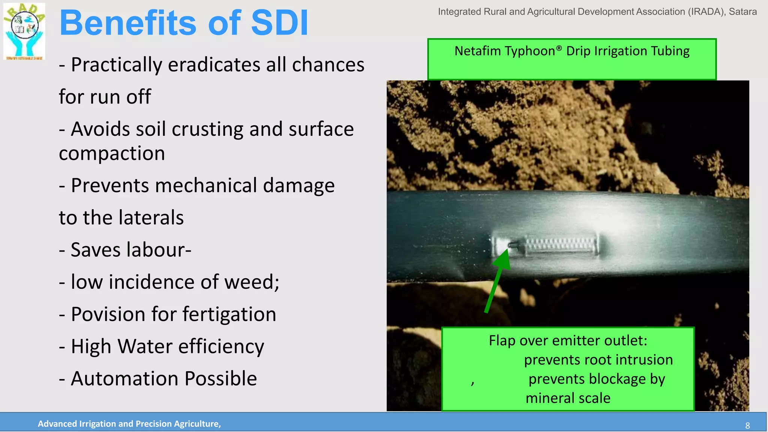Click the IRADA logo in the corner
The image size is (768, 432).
[x=24, y=31]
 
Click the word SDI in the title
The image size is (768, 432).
[x=279, y=23]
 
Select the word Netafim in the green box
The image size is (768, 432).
[x=477, y=51]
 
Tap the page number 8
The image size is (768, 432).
[x=747, y=426]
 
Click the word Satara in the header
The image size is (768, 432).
[x=742, y=12]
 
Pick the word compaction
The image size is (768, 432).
[x=112, y=153]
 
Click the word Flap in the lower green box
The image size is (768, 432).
[x=502, y=340]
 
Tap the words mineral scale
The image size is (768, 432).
[x=568, y=398]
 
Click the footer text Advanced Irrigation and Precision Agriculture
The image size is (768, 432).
[x=129, y=424]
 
